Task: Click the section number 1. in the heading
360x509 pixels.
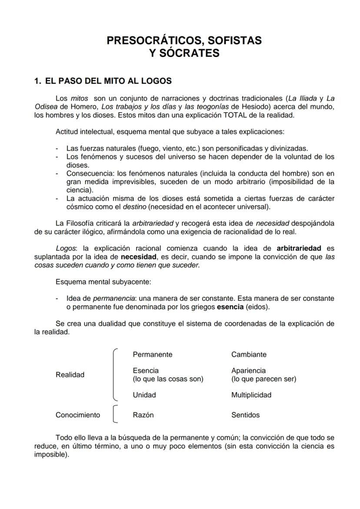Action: tap(38, 81)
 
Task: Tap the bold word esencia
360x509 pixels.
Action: tap(230, 307)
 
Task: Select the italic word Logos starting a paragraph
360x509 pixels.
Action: tap(66, 248)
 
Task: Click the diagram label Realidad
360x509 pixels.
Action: tap(70, 375)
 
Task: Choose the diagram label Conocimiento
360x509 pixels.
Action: tap(78, 415)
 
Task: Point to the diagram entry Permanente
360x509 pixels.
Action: tap(153, 354)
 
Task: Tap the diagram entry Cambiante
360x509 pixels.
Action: tap(249, 354)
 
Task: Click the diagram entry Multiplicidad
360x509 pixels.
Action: tap(251, 395)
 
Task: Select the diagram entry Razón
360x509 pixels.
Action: tap(143, 415)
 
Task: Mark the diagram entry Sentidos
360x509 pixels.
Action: tap(246, 415)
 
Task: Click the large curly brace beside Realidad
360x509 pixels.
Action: tap(115, 374)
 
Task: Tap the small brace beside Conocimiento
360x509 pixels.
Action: tap(115, 415)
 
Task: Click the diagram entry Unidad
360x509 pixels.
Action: tap(144, 395)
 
